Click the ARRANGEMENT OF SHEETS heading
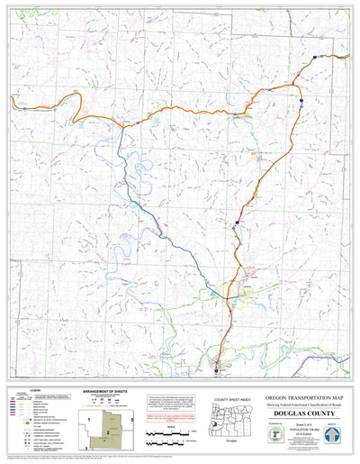pos(107,390)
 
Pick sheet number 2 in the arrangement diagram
pos(108,432)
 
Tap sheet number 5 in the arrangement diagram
pos(131,421)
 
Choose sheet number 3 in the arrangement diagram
pos(86,447)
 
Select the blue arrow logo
pos(332,434)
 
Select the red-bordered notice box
pos(172,419)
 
